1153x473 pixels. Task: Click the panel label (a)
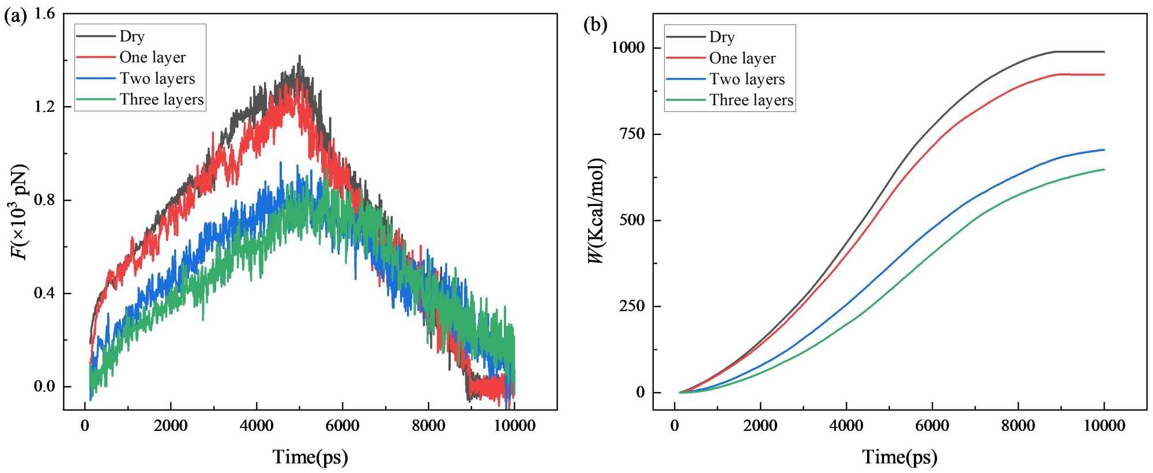(x=16, y=16)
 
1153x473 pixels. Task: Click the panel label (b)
(x=595, y=25)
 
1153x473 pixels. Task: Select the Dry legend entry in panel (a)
(x=132, y=36)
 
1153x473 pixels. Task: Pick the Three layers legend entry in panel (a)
(x=161, y=99)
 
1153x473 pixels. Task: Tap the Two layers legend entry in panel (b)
(x=747, y=79)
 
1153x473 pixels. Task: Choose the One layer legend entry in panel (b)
(x=742, y=58)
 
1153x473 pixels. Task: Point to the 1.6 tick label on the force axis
(x=44, y=13)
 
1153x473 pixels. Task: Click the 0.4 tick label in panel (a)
(x=44, y=293)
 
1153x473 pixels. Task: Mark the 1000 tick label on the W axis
(x=628, y=47)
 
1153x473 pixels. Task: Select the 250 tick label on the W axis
(x=632, y=306)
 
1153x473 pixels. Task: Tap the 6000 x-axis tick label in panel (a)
(x=342, y=426)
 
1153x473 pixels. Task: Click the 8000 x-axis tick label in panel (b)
(x=1018, y=426)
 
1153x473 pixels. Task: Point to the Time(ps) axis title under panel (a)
(x=310, y=457)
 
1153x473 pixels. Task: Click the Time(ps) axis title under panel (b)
(x=899, y=457)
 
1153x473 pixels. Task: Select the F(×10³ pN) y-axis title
(x=20, y=212)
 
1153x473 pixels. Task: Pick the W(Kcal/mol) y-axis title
(x=596, y=211)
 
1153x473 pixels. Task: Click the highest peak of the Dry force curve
(x=299, y=56)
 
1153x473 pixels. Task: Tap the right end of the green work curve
(x=1104, y=170)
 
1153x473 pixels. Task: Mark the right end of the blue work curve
(x=1104, y=150)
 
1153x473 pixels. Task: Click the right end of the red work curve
(x=1104, y=74)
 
